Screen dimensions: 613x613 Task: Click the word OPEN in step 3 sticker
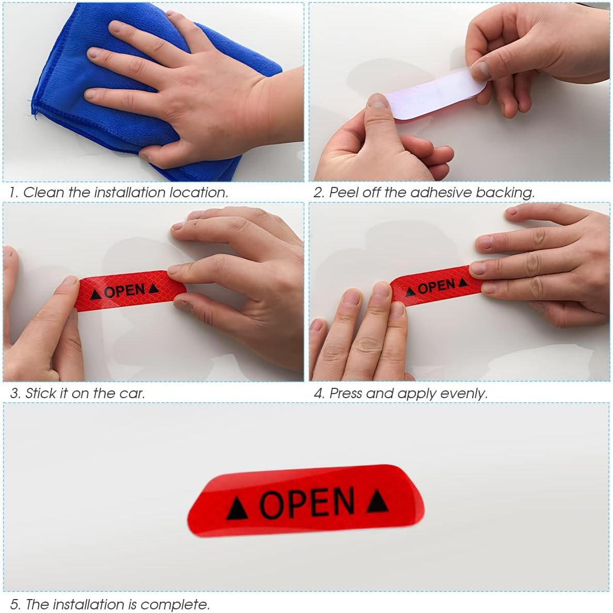(x=124, y=291)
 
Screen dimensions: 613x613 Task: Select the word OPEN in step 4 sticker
(x=437, y=286)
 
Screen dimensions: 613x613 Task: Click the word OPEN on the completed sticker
(x=307, y=502)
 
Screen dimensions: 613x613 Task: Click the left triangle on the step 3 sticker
(x=95, y=295)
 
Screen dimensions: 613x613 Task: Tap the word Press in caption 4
(x=346, y=394)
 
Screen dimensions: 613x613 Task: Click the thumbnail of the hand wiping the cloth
(x=153, y=91)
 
